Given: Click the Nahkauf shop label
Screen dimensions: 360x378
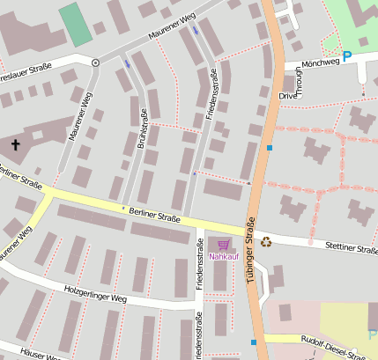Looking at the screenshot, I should [224, 256].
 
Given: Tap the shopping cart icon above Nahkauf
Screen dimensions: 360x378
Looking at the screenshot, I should [224, 245].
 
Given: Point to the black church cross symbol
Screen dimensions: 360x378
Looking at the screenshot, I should [15, 143].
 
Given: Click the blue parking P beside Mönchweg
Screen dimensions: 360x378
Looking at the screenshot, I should [346, 55].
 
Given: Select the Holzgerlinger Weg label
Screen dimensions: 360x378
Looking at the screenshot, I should [95, 294].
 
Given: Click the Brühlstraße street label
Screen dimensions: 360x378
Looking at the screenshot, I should [141, 128].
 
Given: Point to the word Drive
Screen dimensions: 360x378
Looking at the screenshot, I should [288, 95].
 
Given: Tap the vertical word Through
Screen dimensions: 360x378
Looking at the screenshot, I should [300, 81].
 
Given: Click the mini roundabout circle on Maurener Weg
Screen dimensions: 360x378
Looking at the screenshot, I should [95, 62].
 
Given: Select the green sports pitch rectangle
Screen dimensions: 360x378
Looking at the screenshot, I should [75, 24].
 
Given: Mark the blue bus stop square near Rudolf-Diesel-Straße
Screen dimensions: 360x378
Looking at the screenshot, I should [253, 342].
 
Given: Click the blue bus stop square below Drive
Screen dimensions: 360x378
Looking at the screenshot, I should [270, 148].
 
